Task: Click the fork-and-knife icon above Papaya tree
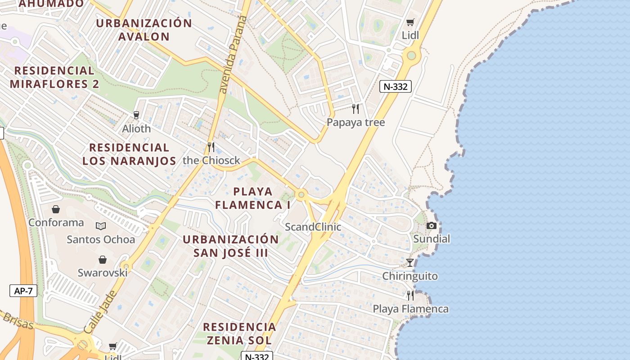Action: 355,108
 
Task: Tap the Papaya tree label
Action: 355,122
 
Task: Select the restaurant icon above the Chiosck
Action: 211,147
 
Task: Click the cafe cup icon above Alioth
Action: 136,115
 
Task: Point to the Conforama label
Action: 56,222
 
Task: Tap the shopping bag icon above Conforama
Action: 56,209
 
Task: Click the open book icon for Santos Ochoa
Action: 101,226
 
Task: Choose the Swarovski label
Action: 103,273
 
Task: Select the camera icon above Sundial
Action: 431,225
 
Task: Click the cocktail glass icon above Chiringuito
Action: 410,262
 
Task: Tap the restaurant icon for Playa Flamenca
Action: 410,295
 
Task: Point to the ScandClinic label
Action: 313,227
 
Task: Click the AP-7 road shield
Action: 23,291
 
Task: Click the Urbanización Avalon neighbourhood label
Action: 144,30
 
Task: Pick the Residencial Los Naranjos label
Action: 129,154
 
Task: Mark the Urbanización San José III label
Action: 231,246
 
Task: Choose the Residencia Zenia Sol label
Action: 239,333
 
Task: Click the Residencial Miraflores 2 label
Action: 54,77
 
